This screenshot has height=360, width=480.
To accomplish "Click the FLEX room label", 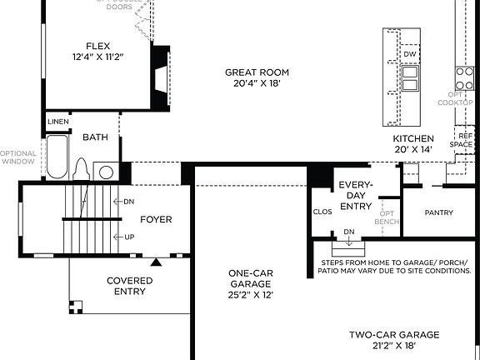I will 97,47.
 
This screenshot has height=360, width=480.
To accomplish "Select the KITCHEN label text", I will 413,138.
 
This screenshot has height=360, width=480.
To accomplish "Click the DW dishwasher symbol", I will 409,54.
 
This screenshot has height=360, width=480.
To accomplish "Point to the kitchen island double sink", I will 409,78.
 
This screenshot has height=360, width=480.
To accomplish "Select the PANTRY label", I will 438,213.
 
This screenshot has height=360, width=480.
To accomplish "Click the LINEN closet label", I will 57,122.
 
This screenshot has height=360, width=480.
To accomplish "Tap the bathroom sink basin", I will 107,172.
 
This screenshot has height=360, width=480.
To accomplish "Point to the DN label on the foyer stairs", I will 128,202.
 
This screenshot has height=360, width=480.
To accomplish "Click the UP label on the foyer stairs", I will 128,237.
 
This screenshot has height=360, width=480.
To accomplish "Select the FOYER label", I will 156,220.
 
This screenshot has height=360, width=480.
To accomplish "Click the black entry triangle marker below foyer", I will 155,262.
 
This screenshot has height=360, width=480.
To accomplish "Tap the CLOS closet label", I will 322,212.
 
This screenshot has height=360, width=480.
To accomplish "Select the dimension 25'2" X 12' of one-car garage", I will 252,294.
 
